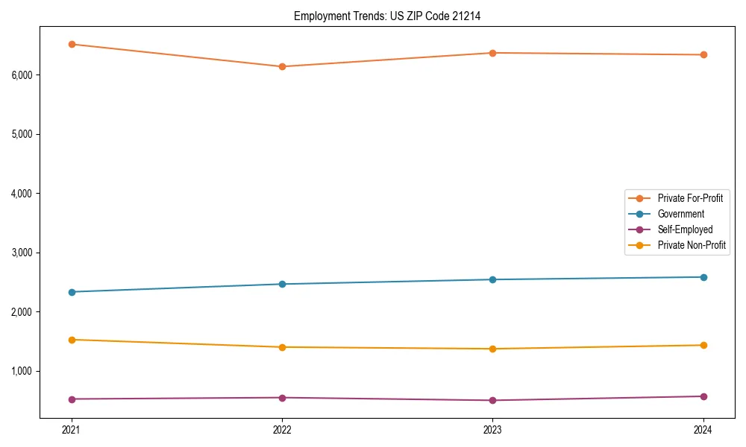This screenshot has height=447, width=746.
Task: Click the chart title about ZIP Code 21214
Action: [x=386, y=16]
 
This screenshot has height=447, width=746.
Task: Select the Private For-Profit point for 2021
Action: [x=72, y=44]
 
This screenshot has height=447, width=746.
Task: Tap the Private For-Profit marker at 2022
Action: [x=282, y=66]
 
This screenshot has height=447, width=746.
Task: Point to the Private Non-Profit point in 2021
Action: [x=72, y=340]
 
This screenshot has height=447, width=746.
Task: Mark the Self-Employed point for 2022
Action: [x=282, y=397]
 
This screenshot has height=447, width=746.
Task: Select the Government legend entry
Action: [x=680, y=214]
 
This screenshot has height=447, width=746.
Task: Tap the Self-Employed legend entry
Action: [x=685, y=229]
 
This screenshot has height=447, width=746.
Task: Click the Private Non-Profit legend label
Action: [x=692, y=245]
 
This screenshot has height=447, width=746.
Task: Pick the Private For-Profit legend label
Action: [x=690, y=198]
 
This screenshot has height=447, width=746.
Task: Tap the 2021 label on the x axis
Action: [x=72, y=429]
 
